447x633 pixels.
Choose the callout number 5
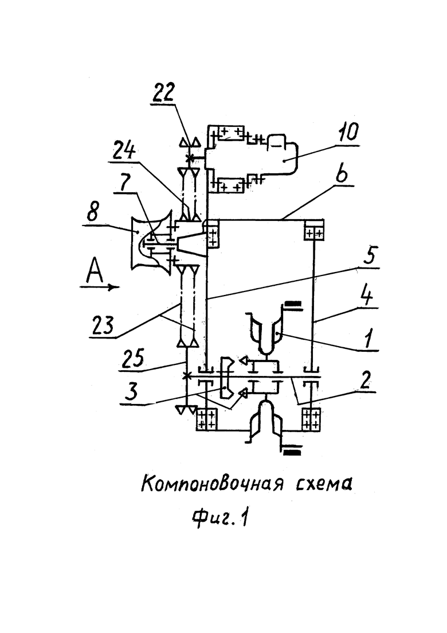click(370, 257)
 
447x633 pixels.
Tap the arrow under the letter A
click(100, 287)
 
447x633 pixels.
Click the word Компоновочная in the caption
click(211, 483)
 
